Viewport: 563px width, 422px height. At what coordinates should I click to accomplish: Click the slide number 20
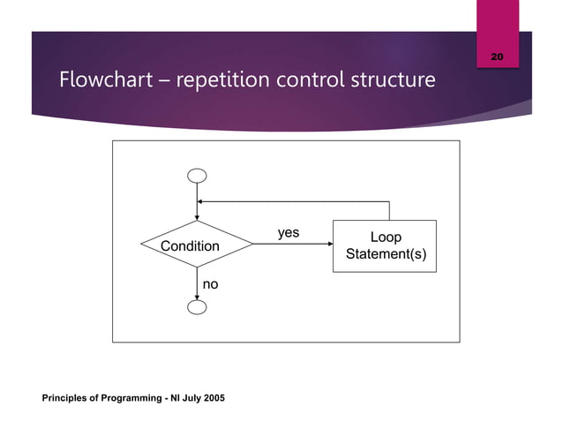(x=497, y=57)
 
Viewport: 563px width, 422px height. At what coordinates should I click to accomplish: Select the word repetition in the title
(x=225, y=80)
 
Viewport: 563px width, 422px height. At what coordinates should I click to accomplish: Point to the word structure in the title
(x=394, y=80)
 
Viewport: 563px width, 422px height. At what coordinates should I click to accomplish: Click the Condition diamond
(x=197, y=245)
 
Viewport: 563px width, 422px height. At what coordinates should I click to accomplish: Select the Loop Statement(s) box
(x=385, y=246)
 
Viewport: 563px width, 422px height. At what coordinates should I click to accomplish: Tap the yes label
(x=289, y=233)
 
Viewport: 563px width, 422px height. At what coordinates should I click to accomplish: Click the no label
(x=211, y=285)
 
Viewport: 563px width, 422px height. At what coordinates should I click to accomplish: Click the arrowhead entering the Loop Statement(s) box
(x=328, y=245)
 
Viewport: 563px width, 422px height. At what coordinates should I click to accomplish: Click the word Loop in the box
(x=385, y=237)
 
